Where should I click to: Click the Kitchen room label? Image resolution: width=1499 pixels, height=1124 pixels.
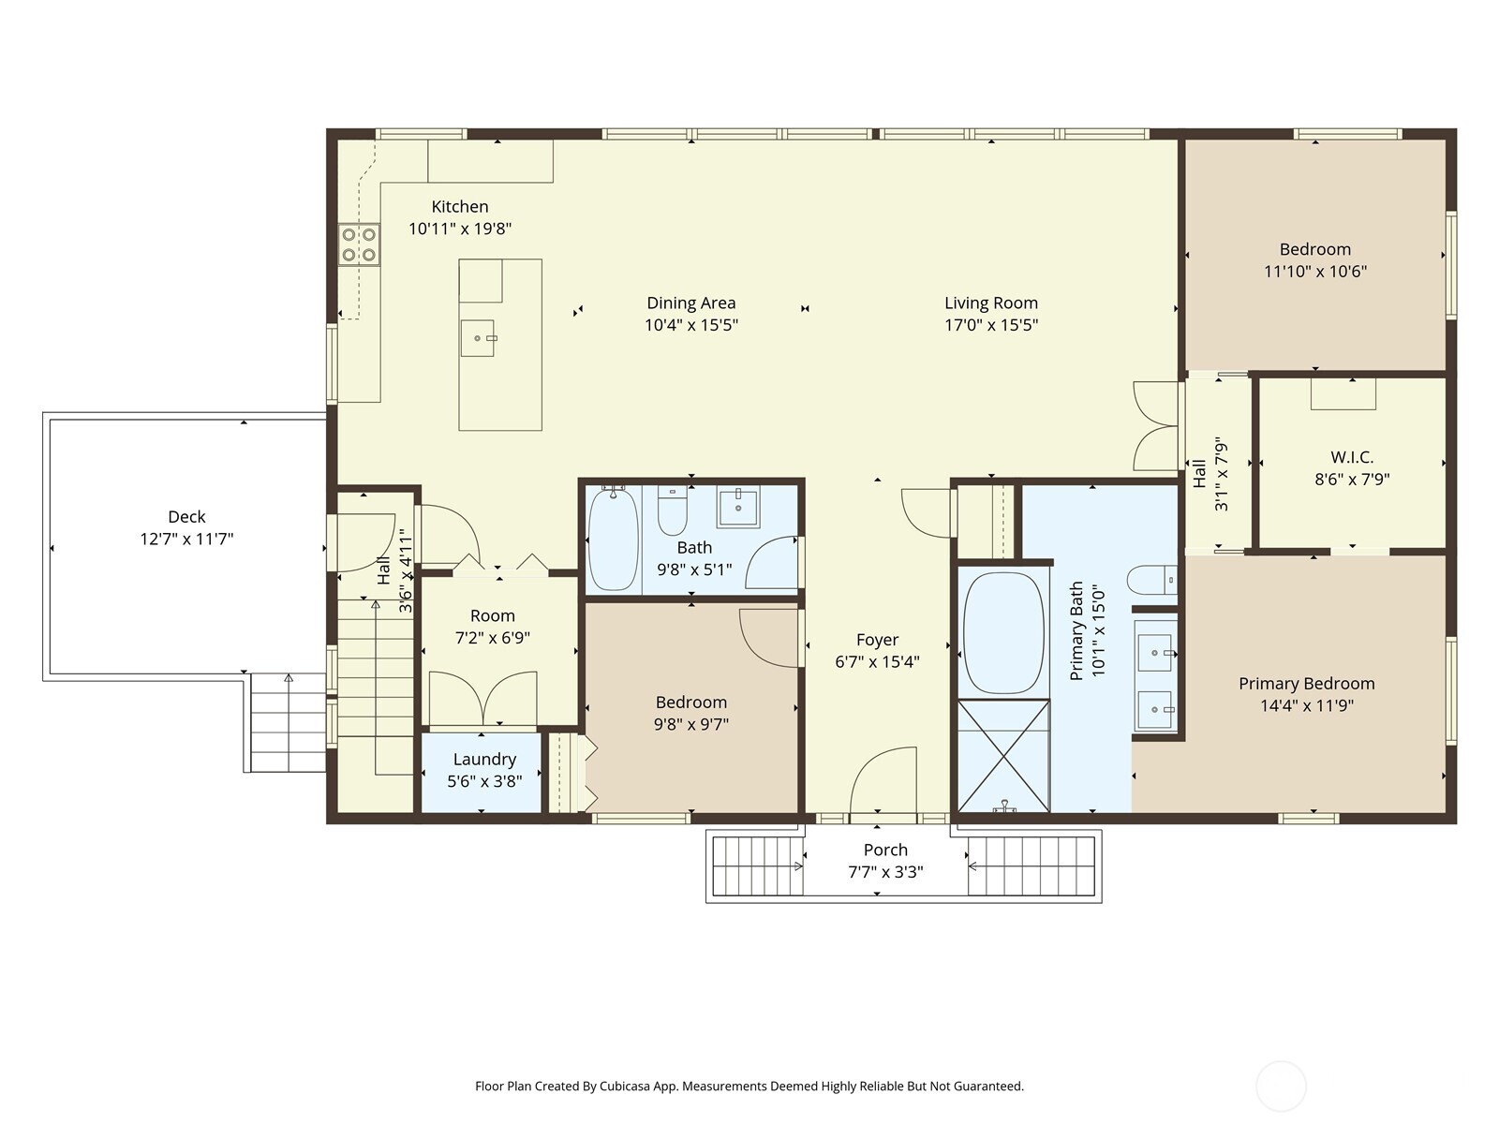(x=459, y=207)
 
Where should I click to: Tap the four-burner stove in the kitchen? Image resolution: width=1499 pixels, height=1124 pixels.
(x=359, y=244)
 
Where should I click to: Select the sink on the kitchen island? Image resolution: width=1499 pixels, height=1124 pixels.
(x=477, y=338)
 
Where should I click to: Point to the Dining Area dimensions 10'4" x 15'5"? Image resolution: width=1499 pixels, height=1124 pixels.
(x=691, y=325)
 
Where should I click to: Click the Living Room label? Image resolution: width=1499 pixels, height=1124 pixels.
(x=990, y=303)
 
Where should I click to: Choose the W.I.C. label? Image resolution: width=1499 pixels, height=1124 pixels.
(x=1352, y=457)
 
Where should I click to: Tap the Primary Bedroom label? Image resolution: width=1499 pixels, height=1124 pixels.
(x=1306, y=684)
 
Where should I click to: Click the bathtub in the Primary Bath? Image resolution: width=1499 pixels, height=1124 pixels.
(x=1003, y=632)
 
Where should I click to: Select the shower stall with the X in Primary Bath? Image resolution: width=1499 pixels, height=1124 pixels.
(x=1003, y=755)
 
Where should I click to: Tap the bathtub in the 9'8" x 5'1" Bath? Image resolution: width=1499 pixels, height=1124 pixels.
(x=614, y=539)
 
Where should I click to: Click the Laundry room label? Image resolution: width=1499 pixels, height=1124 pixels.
(x=484, y=760)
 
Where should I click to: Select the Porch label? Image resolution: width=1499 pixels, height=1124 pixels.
(x=885, y=850)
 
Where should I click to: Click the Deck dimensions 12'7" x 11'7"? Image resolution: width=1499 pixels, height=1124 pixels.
(x=186, y=539)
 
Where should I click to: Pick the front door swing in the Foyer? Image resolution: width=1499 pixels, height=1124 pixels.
(x=885, y=782)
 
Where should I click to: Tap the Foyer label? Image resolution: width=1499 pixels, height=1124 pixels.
(x=877, y=640)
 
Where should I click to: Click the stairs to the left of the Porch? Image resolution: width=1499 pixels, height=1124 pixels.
(x=758, y=866)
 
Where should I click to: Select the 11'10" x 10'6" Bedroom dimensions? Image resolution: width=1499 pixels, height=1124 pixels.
(x=1315, y=272)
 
